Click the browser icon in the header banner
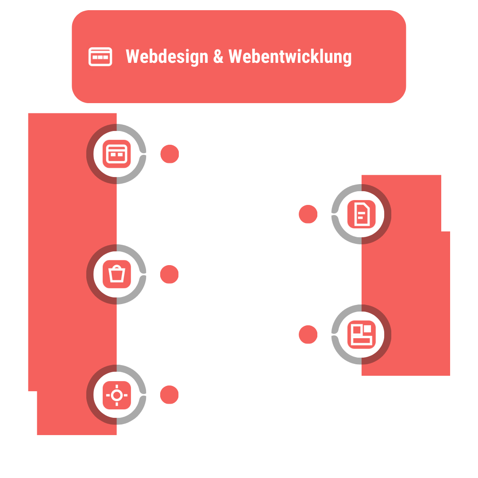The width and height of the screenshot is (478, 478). coord(100,57)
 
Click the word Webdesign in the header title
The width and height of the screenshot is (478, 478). coord(167,57)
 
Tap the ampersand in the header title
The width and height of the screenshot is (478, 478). coord(218,57)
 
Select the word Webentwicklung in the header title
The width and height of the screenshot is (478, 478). coord(290,57)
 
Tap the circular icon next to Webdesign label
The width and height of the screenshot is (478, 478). coord(117,154)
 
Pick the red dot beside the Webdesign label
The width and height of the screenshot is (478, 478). coord(170,154)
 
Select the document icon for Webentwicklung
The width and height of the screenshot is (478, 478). coord(361,214)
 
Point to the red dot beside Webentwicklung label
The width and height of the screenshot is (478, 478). coord(308,214)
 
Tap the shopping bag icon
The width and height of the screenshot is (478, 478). coord(117,274)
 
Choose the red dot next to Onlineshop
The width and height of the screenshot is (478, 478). coord(169,274)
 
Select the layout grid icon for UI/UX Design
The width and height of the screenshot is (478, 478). coord(361,335)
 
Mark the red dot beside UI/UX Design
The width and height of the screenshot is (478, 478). coord(308,335)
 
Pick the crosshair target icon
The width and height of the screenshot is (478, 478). coord(117,394)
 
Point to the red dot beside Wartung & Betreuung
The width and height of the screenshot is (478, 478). coord(169,395)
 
